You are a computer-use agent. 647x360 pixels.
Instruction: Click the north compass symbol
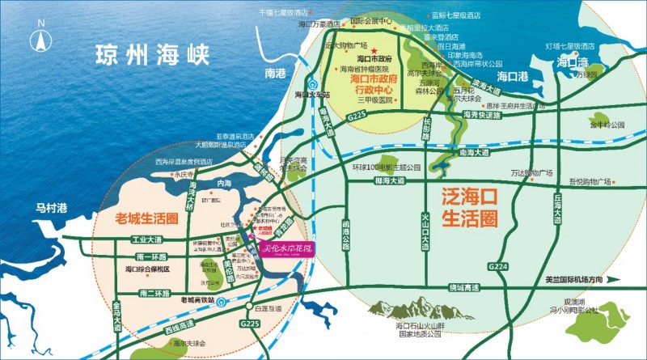tap(37, 39)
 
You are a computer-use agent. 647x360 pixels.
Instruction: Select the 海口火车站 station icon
tap(311, 81)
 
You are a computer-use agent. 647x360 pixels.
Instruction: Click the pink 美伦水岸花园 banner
tap(285, 248)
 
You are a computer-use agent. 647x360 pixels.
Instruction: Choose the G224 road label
tap(500, 266)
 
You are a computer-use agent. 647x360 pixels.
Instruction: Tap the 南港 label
tap(276, 73)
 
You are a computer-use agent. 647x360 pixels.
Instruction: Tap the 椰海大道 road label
tap(390, 180)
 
